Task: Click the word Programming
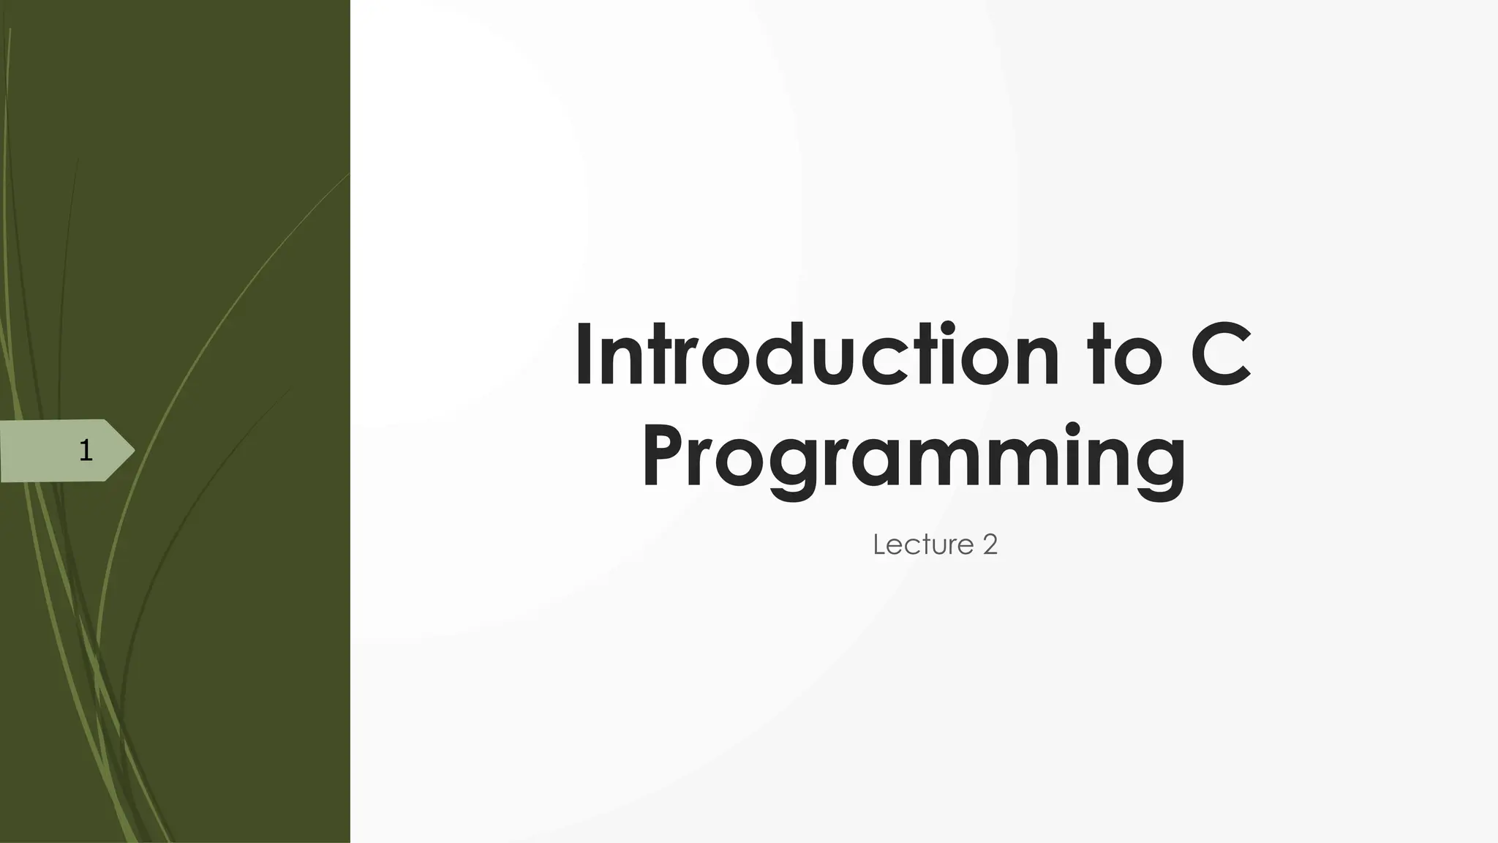click(914, 457)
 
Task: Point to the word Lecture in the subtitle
click(923, 545)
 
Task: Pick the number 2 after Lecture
click(990, 545)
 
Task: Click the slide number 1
click(86, 451)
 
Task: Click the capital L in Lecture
click(879, 545)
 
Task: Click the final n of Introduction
click(1036, 362)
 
